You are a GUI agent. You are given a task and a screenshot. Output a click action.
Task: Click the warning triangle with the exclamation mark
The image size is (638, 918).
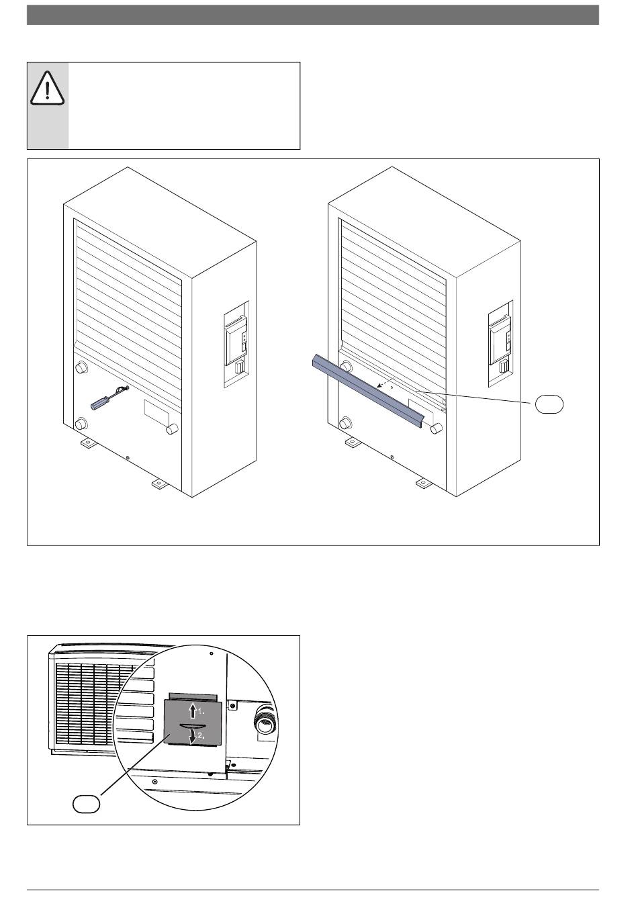click(x=46, y=88)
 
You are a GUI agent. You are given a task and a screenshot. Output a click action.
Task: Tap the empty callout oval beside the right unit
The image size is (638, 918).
click(x=549, y=404)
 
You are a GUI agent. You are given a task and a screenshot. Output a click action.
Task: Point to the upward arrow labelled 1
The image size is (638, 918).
click(x=192, y=710)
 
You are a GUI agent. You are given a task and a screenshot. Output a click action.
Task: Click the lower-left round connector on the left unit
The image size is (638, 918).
click(x=81, y=424)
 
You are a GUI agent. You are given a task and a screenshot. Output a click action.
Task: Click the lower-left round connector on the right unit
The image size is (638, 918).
click(x=345, y=424)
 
